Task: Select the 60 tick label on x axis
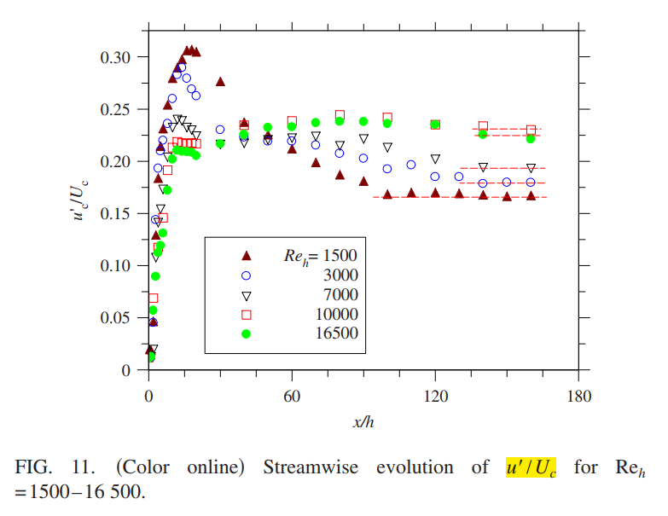click(293, 396)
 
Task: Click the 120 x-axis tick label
click(435, 396)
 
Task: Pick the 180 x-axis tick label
click(578, 396)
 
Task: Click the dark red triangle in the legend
click(247, 255)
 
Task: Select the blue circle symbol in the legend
click(247, 275)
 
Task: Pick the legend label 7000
click(341, 294)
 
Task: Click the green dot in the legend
click(247, 333)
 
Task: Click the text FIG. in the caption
click(33, 467)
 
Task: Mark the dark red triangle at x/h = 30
click(220, 82)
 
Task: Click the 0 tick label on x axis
click(149, 396)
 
